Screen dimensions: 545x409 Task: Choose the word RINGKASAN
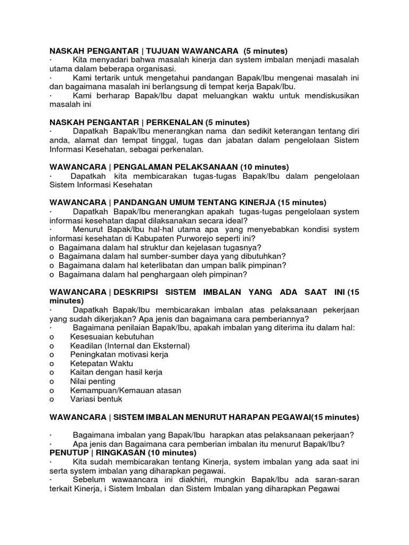click(124, 452)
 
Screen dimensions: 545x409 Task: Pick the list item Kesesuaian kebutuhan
click(112, 337)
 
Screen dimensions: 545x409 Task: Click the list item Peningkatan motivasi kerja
click(119, 354)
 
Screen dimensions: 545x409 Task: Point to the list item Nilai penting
click(93, 381)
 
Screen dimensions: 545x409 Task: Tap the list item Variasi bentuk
click(96, 399)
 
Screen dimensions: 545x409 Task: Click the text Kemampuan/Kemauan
click(111, 390)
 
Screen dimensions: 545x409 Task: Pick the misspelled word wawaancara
click(130, 480)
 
